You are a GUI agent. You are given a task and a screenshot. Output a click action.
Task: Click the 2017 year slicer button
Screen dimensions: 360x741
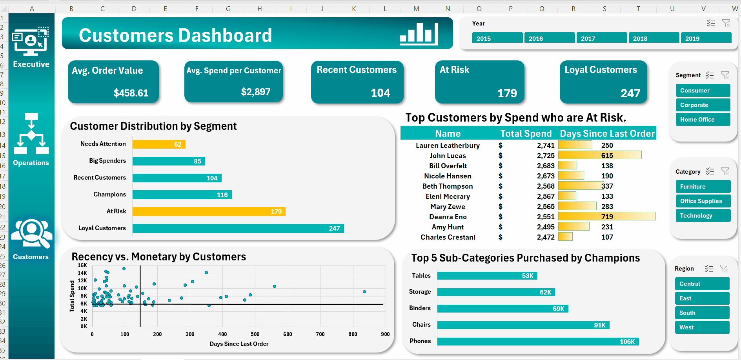click(601, 38)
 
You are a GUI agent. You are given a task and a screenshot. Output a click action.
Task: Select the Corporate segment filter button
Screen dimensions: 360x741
click(703, 105)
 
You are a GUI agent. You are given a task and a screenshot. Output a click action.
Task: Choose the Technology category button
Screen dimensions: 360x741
click(703, 216)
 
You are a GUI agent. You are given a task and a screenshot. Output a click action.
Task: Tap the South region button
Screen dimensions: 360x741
click(702, 313)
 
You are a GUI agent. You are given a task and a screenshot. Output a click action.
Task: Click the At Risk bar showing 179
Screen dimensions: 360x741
click(209, 212)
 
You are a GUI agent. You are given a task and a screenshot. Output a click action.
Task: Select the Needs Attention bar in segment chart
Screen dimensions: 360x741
click(159, 144)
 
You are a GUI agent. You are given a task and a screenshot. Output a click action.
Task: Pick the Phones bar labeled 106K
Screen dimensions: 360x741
click(538, 342)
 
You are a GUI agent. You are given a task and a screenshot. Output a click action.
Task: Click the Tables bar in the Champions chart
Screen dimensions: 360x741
click(487, 276)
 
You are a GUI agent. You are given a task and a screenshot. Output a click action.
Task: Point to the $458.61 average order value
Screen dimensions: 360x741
click(131, 93)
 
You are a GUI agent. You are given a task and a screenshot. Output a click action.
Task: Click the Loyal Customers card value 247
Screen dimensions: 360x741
click(630, 93)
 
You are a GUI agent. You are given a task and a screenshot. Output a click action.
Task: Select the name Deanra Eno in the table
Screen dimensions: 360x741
click(448, 217)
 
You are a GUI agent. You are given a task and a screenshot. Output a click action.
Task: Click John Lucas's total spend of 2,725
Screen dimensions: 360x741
click(546, 156)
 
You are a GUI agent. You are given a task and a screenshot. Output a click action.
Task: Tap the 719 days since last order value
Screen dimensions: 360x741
click(607, 217)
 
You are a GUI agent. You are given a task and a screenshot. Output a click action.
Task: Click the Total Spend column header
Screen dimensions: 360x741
click(526, 134)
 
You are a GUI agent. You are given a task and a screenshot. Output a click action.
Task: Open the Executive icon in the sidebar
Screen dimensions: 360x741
click(31, 42)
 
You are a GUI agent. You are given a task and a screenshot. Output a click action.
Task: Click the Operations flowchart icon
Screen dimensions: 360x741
click(31, 134)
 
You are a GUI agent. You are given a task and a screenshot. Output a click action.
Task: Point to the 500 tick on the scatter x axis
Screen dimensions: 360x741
click(255, 334)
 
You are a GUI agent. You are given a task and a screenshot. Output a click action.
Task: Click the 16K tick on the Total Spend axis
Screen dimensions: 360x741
click(82, 265)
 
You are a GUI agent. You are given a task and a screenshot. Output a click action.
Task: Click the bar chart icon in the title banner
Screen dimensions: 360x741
click(419, 34)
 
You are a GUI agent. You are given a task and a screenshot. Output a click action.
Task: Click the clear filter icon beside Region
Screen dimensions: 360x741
click(724, 269)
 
